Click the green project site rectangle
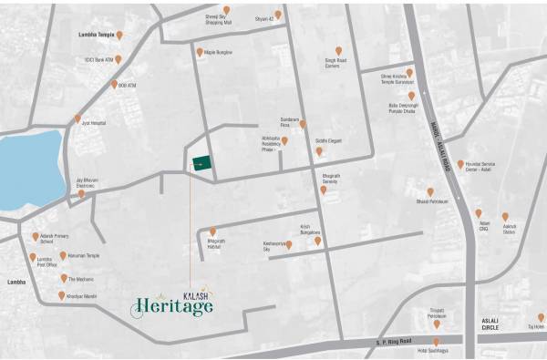[201, 164]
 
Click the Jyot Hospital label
[93, 122]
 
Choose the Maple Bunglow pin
[199, 52]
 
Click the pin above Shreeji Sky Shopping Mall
[227, 10]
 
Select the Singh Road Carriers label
[337, 66]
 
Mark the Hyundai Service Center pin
[460, 165]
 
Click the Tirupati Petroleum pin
[437, 324]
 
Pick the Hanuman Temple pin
[63, 256]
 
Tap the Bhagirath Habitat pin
[213, 231]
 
